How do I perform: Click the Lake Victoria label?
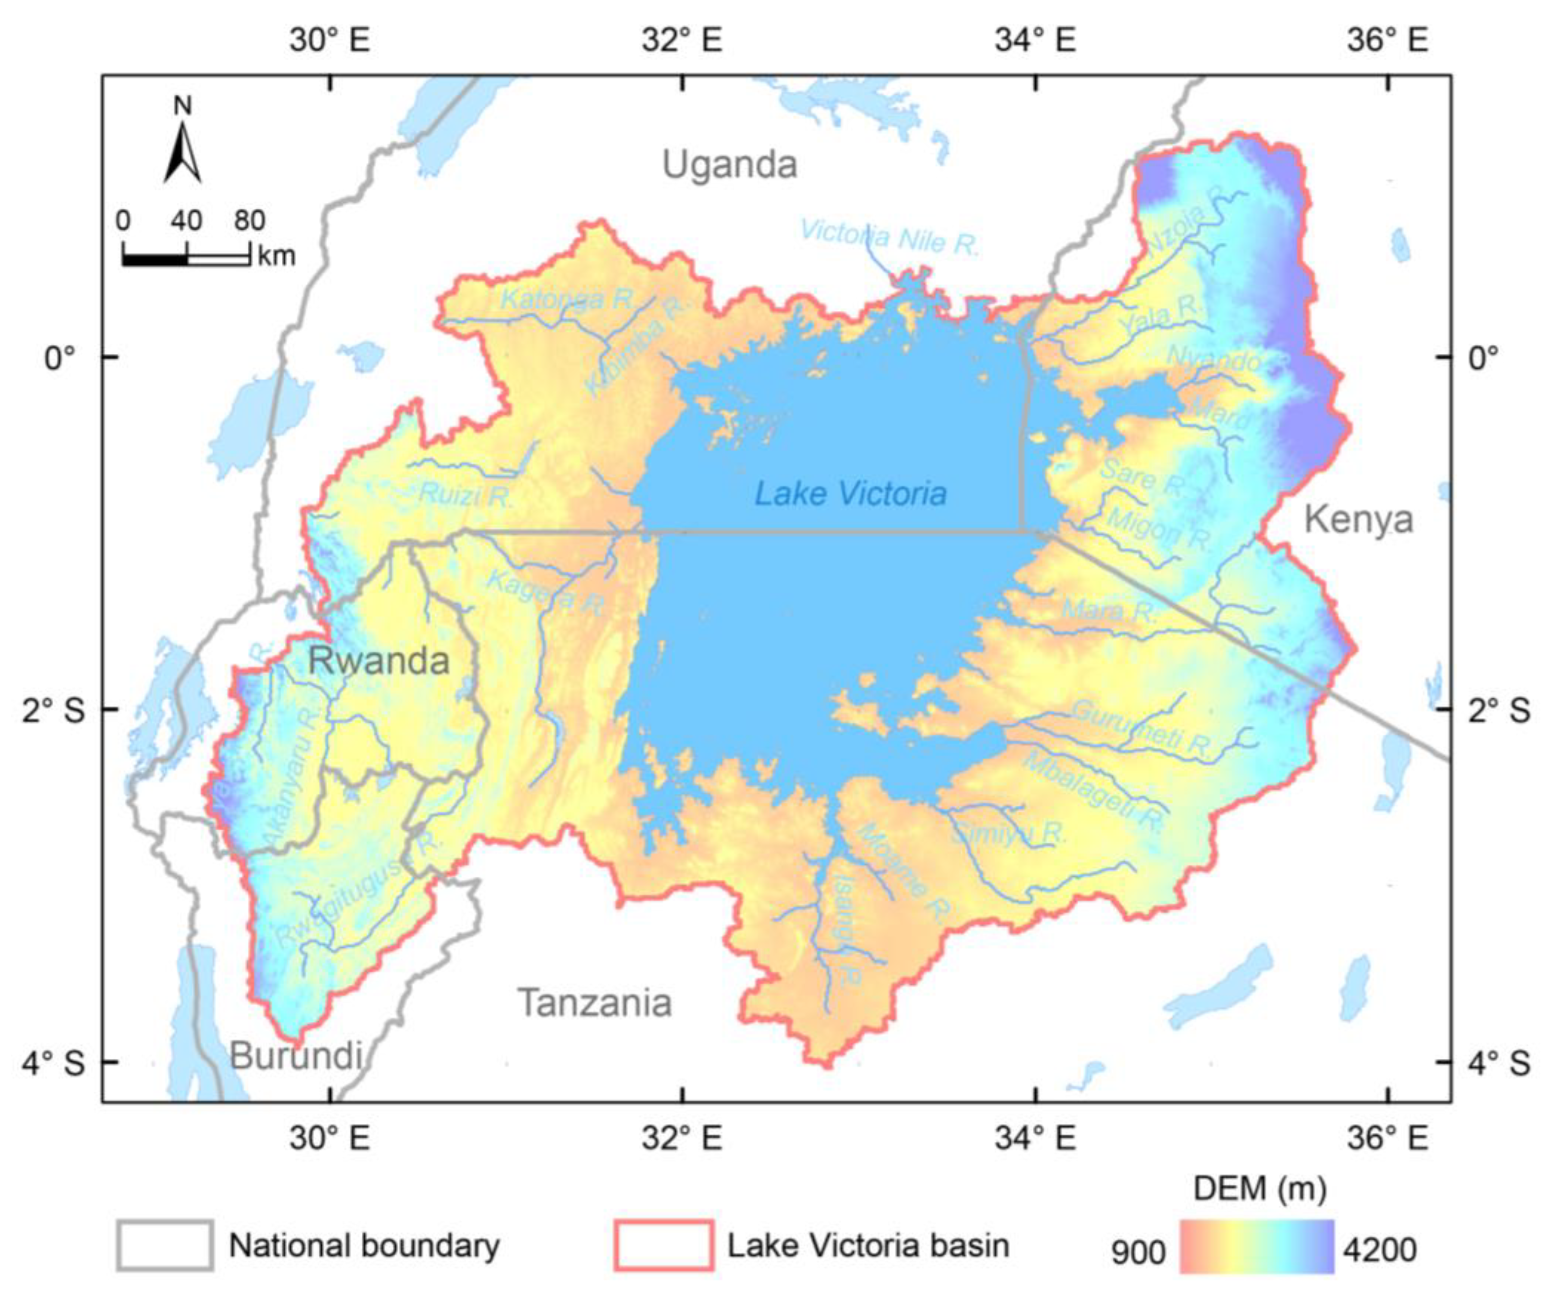click(850, 493)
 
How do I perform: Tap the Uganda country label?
click(730, 164)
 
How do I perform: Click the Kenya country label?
click(1358, 520)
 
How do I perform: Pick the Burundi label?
click(296, 1056)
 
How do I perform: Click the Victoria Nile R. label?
click(889, 237)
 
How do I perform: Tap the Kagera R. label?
click(545, 592)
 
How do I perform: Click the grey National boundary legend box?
click(165, 1245)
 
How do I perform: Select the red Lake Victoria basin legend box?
click(663, 1245)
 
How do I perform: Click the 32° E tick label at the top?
click(682, 39)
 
